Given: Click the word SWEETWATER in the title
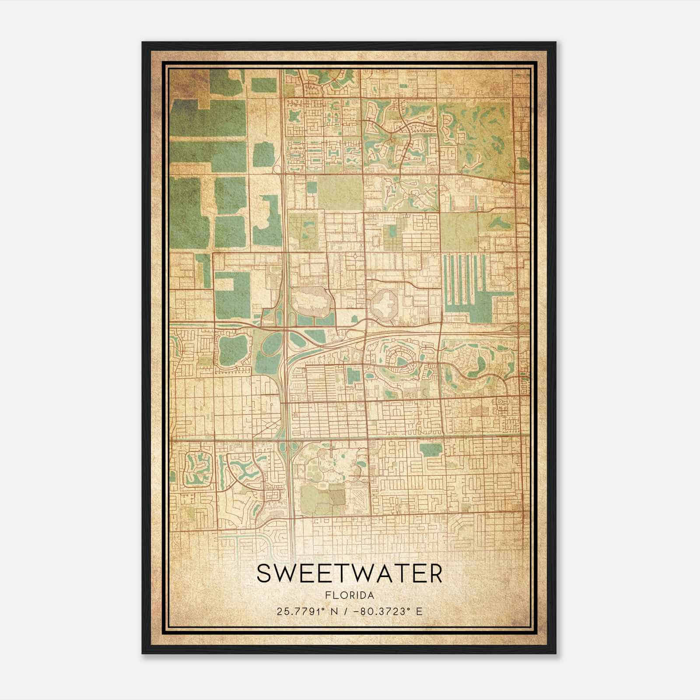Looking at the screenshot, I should tap(349, 574).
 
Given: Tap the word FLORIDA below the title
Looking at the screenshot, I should tap(349, 595).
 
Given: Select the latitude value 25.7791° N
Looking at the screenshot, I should tap(302, 611).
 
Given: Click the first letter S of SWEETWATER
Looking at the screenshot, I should tap(264, 574).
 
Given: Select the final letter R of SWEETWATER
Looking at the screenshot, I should tap(434, 574).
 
